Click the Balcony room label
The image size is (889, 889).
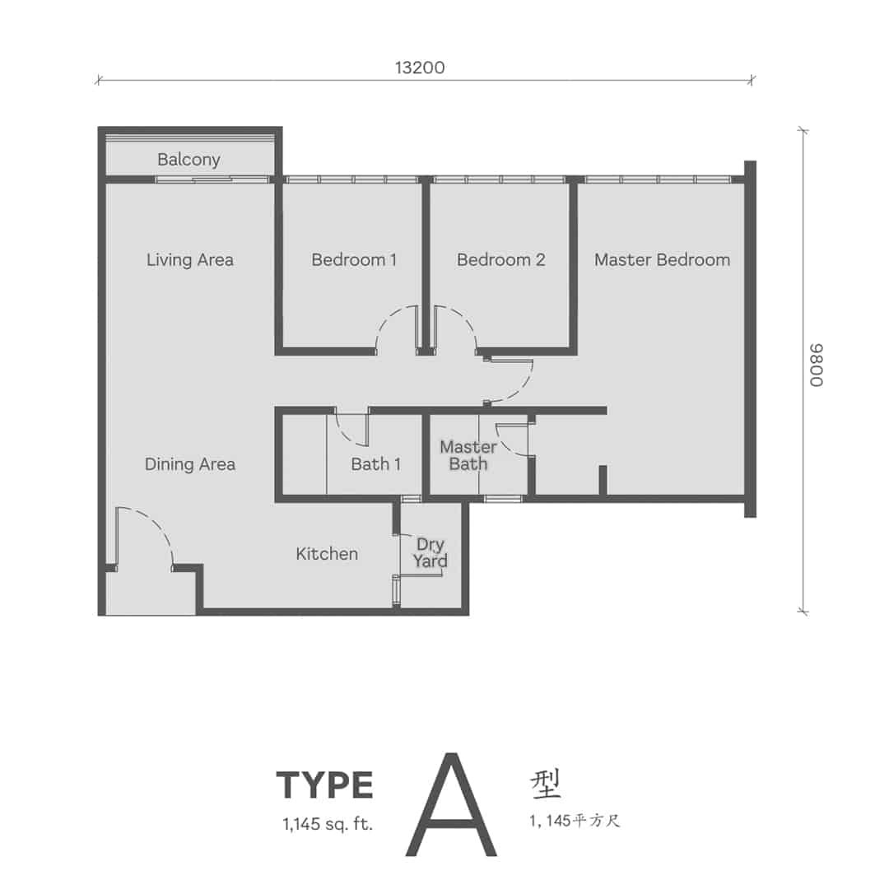pos(189,160)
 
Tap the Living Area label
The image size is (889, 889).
pos(190,259)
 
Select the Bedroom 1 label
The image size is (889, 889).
pos(354,259)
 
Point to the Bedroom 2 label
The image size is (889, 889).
pos(501,259)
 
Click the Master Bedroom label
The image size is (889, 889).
pos(662,259)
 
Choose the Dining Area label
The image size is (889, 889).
pos(190,464)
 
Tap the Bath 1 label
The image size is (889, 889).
pos(376,464)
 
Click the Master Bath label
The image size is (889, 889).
pos(468,455)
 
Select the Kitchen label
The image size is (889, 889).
pos(327,554)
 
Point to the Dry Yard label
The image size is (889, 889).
pos(431,553)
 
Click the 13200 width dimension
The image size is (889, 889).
pos(420,67)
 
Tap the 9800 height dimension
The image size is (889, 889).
pos(817,365)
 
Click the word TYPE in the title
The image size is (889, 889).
pos(325,785)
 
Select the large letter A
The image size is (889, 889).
pos(451,804)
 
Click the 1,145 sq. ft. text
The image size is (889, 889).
pos(328,824)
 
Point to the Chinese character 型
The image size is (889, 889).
pos(546,784)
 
